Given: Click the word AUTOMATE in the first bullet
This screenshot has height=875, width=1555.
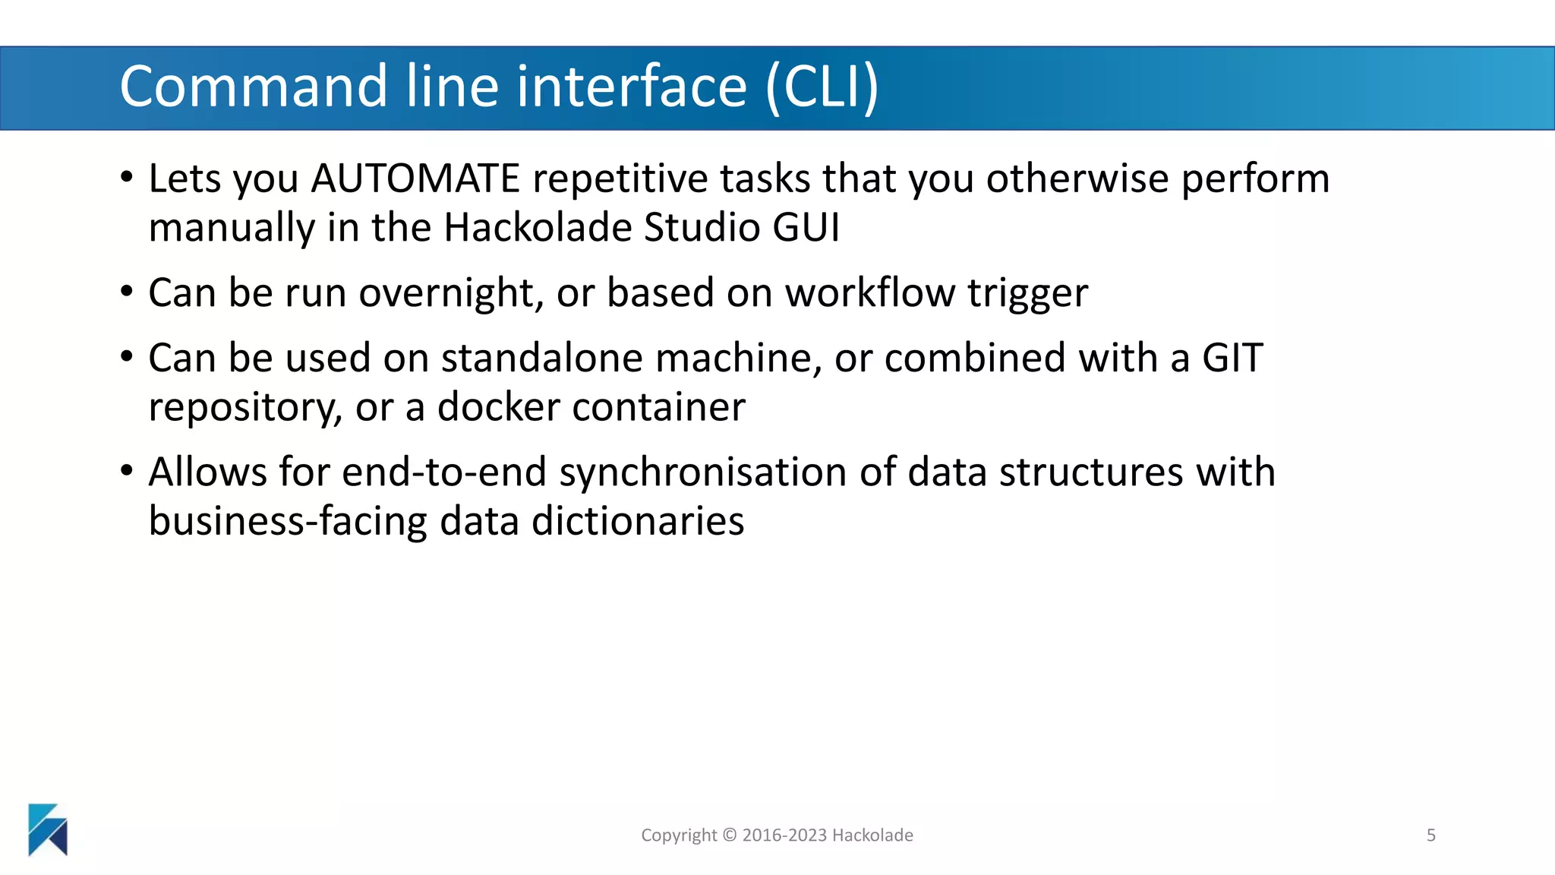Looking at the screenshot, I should coord(415,179).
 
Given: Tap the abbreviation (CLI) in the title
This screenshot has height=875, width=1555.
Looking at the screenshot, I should coord(822,87).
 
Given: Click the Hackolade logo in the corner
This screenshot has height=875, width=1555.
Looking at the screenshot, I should coord(48,829).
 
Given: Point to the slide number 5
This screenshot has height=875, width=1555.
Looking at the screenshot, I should coord(1431,836).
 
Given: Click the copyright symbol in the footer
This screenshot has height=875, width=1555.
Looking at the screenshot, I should coord(729,836).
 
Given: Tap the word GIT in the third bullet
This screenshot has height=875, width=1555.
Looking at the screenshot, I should coord(1232,358).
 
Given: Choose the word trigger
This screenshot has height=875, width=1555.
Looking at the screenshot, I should coord(1027,293).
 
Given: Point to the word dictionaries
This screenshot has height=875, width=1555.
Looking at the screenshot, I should coord(638,522).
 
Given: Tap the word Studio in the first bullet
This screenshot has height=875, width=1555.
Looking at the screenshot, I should coord(702,228).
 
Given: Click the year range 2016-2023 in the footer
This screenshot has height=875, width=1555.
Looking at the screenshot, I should coord(784,836).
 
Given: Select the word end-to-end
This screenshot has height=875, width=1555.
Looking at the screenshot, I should coord(444,472).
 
